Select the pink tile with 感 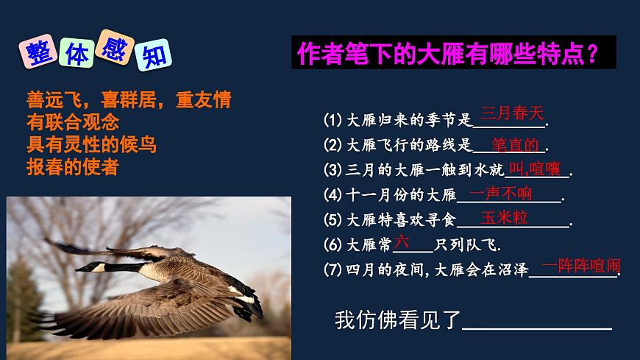(x=117, y=50)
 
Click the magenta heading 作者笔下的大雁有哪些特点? (x=446, y=53)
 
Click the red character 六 (x=401, y=241)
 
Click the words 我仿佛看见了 (x=397, y=320)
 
